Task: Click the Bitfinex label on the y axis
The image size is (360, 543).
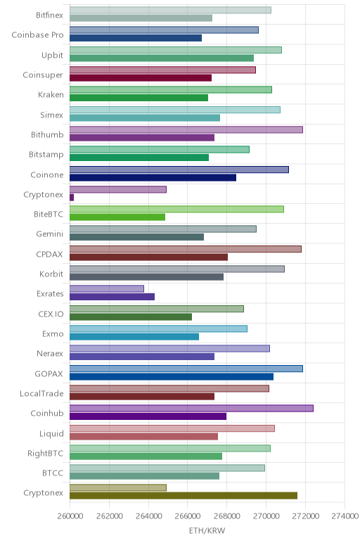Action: click(x=49, y=15)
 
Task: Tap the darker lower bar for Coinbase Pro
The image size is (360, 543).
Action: click(x=136, y=38)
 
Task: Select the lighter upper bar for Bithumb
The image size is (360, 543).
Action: click(x=186, y=129)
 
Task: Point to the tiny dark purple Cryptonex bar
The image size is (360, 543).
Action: click(x=72, y=198)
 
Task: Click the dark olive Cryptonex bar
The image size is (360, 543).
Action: click(x=184, y=496)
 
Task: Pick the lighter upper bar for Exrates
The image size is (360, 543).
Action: click(x=107, y=289)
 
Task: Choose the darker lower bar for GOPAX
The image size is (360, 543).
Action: click(x=172, y=376)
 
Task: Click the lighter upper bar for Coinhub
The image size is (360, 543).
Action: click(x=191, y=408)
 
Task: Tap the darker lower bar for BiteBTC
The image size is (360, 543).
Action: click(x=117, y=217)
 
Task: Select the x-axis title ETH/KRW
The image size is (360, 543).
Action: click(x=207, y=530)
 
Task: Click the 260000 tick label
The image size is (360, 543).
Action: click(x=70, y=516)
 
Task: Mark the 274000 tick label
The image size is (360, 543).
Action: click(x=345, y=516)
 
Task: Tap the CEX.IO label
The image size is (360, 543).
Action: click(x=51, y=314)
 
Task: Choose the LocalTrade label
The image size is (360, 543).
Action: click(x=41, y=394)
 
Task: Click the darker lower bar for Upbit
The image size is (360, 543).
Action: click(x=162, y=58)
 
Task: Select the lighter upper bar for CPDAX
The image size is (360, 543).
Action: click(x=186, y=249)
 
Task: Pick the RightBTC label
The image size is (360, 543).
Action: click(x=45, y=453)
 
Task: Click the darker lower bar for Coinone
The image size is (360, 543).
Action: click(x=153, y=177)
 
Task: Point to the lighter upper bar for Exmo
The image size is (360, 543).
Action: click(x=158, y=328)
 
